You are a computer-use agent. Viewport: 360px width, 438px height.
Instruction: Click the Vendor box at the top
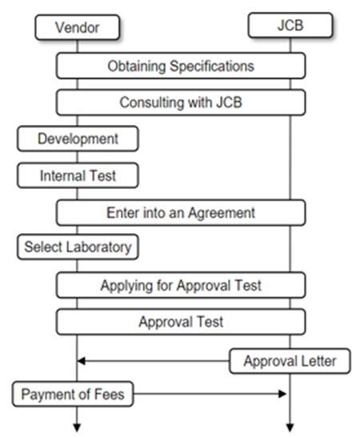tap(78, 28)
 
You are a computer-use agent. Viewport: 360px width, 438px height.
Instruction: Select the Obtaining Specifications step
tap(181, 66)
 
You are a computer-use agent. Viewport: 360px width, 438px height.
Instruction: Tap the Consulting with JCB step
tap(181, 102)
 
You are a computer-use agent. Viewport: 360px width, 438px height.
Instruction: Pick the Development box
tap(78, 139)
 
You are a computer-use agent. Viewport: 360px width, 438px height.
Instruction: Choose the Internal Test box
tap(78, 174)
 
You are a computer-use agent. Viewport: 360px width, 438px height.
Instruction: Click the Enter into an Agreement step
tap(181, 212)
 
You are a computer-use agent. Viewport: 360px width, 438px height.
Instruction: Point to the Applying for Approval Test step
tap(181, 285)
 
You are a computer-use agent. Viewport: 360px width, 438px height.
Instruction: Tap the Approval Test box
tap(181, 322)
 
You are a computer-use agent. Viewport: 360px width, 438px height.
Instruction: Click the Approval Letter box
tap(289, 361)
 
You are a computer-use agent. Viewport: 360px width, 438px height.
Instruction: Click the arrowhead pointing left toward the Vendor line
tap(82, 361)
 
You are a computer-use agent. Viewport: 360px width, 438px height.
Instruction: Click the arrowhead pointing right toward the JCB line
tap(282, 394)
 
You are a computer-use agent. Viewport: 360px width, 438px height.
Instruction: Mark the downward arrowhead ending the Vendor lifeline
tap(78, 425)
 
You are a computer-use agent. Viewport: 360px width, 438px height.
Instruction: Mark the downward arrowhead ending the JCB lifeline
tap(289, 425)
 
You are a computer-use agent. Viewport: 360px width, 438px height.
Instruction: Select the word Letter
tap(320, 361)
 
